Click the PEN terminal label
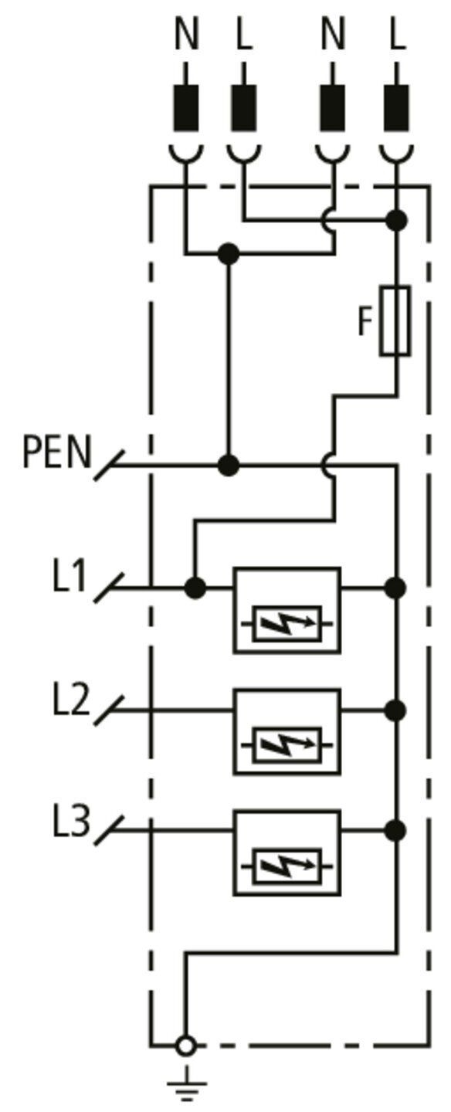click(x=58, y=452)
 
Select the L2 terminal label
click(x=71, y=699)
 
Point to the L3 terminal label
click(x=72, y=821)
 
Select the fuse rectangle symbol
click(x=395, y=320)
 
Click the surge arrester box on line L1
click(x=287, y=610)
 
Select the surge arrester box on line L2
click(x=287, y=731)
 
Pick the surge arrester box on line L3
click(x=287, y=853)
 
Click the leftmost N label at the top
click(x=186, y=35)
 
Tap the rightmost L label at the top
click(x=398, y=35)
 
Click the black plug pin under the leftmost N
click(x=186, y=108)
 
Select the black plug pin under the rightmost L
click(x=396, y=108)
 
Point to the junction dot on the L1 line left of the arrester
click(x=195, y=588)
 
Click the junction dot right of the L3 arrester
click(x=396, y=830)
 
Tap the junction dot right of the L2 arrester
click(x=396, y=710)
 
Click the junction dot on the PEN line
click(x=229, y=466)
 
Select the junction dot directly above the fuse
click(x=396, y=220)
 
